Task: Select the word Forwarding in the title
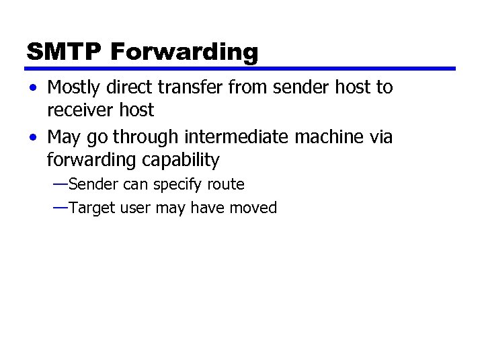tap(182, 52)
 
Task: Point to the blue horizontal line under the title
tap(241, 69)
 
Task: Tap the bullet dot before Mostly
tap(33, 88)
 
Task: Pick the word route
tap(228, 184)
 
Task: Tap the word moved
tap(253, 208)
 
